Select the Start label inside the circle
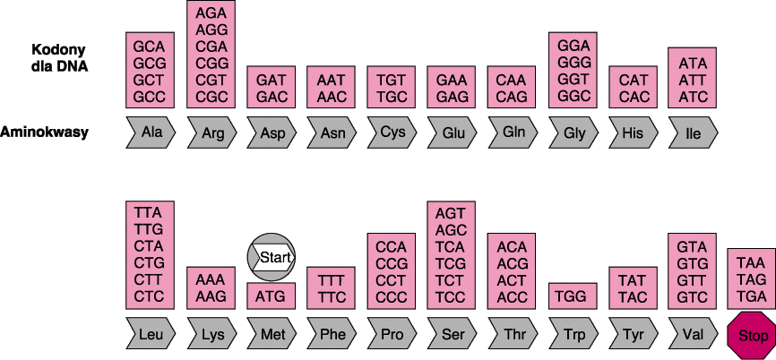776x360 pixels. (x=271, y=258)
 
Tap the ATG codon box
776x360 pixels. (x=271, y=293)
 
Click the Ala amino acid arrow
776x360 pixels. (x=150, y=133)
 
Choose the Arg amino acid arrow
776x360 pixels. (x=211, y=133)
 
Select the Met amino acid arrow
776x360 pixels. (x=271, y=335)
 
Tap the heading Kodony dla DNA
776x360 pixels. (x=60, y=57)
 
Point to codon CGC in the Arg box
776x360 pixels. (x=211, y=96)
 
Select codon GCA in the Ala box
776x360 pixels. (x=150, y=45)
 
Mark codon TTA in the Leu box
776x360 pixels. (x=150, y=212)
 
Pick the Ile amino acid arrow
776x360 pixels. (x=693, y=133)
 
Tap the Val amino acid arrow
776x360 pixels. (x=692, y=335)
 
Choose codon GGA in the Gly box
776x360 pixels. (x=573, y=45)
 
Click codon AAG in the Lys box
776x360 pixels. (x=211, y=295)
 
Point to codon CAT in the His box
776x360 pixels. (x=634, y=80)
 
